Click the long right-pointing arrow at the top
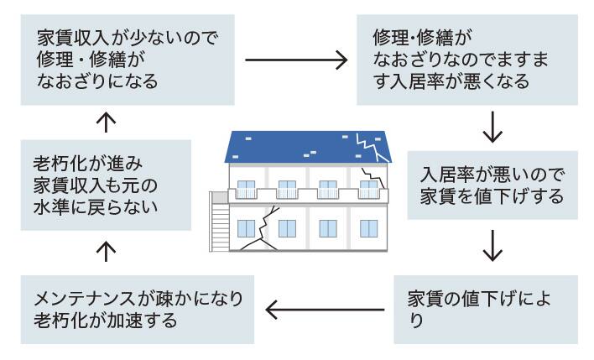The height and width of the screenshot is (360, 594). coord(296,60)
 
